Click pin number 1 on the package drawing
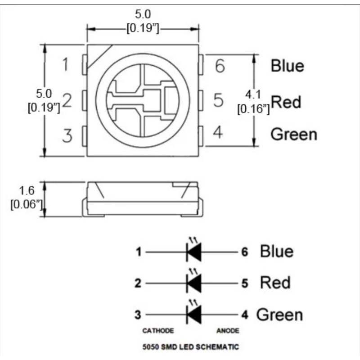[x=66, y=64]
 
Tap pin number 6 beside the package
[x=220, y=66]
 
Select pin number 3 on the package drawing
[x=67, y=135]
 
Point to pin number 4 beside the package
[x=218, y=132]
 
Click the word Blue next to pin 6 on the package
[x=288, y=66]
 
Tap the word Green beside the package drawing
[x=294, y=134]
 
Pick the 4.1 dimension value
[x=253, y=94]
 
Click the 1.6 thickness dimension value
[x=27, y=190]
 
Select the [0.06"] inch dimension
[x=27, y=204]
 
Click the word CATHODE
[x=158, y=331]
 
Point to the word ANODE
[x=228, y=331]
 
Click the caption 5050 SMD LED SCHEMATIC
[x=190, y=346]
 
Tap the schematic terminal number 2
[x=138, y=283]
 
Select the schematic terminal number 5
[x=245, y=283]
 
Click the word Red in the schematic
[x=275, y=283]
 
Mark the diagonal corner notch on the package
[x=99, y=57]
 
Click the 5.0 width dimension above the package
[x=143, y=14]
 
